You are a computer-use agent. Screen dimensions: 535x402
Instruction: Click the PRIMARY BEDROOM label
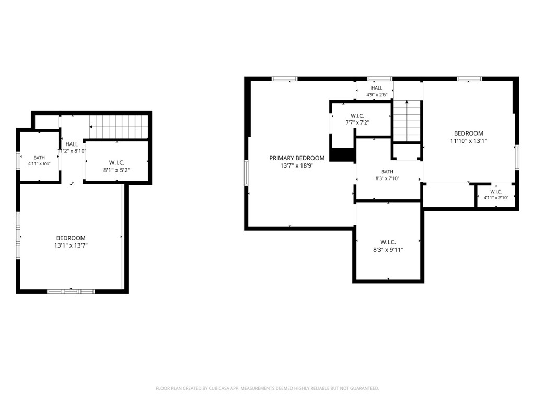click(x=297, y=158)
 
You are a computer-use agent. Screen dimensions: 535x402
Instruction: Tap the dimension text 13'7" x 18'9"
click(x=297, y=166)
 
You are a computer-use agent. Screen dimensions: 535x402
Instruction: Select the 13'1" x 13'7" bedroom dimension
click(x=71, y=245)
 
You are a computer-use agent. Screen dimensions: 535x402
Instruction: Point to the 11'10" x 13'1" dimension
click(x=469, y=141)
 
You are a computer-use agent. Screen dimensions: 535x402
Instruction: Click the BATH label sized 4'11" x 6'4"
click(x=39, y=158)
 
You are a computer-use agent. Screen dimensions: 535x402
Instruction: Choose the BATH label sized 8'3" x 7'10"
click(x=387, y=172)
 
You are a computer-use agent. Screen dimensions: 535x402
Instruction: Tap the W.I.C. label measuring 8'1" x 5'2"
click(x=117, y=163)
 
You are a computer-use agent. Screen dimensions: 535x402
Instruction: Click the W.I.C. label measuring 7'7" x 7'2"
click(x=357, y=116)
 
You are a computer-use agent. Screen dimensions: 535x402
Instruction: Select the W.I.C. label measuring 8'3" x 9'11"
click(x=388, y=242)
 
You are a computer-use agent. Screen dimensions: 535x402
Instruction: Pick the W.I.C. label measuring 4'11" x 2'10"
click(x=496, y=192)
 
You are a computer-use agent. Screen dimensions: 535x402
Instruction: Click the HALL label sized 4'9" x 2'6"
click(x=377, y=88)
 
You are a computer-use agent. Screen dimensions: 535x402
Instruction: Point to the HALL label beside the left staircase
click(x=72, y=144)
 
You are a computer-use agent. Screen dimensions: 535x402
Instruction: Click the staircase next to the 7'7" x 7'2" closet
click(x=406, y=121)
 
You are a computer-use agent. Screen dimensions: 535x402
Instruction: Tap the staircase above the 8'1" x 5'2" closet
click(x=119, y=127)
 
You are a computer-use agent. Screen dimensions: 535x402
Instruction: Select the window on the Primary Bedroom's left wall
click(x=246, y=173)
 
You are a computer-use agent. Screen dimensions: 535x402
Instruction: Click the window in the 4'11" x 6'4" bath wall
click(x=18, y=160)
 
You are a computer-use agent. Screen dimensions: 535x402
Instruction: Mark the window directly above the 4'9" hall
click(x=380, y=79)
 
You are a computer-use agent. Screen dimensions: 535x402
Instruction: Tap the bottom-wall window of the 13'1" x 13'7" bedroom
click(x=71, y=292)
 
